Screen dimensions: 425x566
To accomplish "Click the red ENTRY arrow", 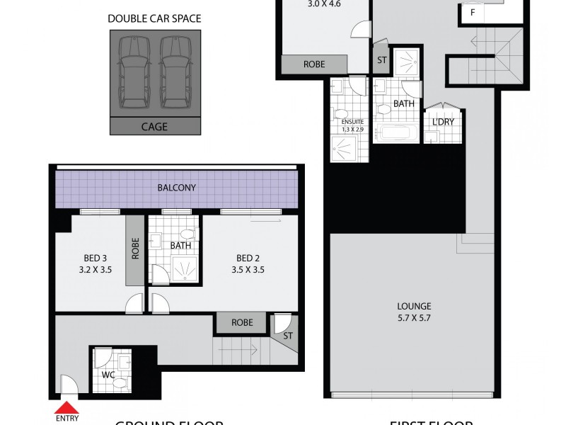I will [67, 407].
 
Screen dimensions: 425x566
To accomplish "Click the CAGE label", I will [154, 127].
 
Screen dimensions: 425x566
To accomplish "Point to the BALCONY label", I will [176, 188].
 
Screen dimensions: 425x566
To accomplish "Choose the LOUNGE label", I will [414, 312].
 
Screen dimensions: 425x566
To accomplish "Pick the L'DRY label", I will [442, 121].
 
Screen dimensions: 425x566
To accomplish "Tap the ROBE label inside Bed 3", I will [134, 250].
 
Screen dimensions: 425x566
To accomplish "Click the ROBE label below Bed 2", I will [242, 322].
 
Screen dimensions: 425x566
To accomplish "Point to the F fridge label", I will [471, 12].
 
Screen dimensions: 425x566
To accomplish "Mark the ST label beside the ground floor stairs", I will [288, 336].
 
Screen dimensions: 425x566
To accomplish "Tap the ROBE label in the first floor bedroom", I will [314, 64].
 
